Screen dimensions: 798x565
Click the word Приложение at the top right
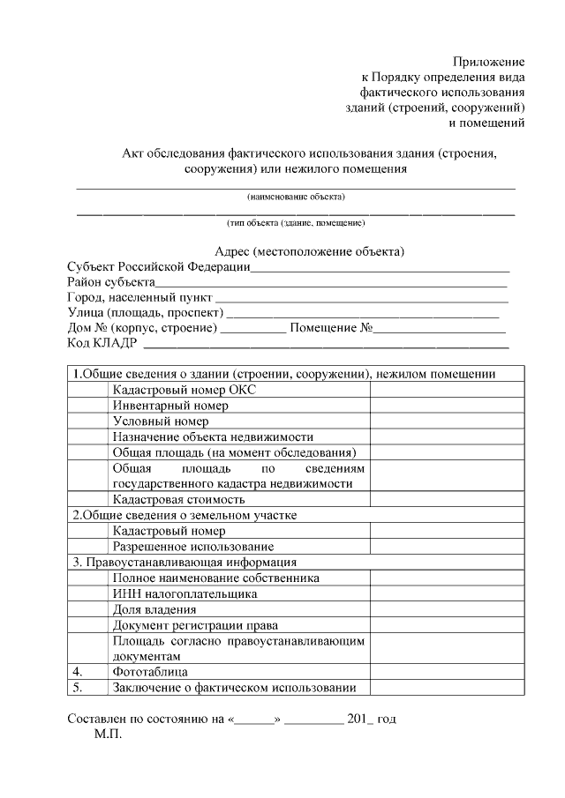pos(489,62)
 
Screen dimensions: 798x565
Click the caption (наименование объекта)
pos(296,196)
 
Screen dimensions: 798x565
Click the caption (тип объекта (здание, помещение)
pos(296,223)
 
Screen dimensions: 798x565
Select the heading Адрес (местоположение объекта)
pos(310,251)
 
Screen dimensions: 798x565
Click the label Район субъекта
pos(111,282)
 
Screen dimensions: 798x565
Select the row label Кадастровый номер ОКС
pos(184,390)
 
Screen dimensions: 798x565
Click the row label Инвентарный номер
pos(170,406)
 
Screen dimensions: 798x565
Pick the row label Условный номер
pos(161,421)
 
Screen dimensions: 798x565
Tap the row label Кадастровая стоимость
pos(178,499)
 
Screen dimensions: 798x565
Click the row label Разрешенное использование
pos(192,547)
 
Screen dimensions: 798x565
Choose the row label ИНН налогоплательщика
pos(185,593)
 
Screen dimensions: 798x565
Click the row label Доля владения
pos(154,609)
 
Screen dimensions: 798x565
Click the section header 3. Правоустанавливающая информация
pos(184,562)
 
